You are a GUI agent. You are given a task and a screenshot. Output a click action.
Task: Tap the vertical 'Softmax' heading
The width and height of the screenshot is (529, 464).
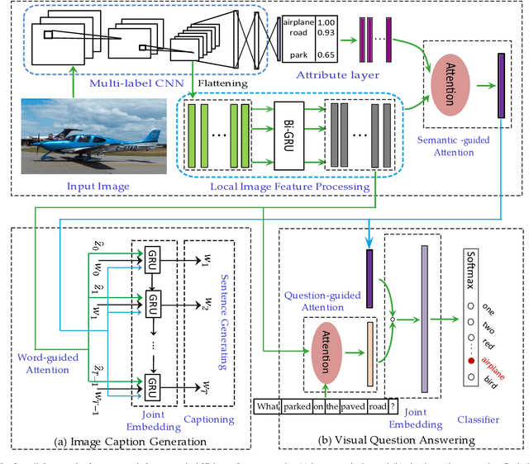point(471,268)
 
